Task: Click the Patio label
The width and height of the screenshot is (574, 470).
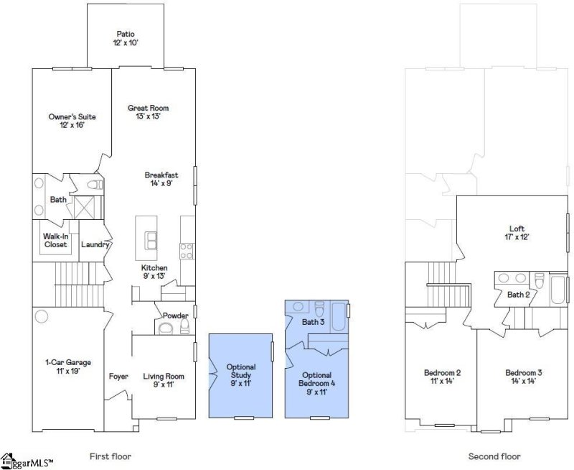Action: tap(126, 34)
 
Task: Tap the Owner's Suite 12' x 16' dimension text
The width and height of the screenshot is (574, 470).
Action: tap(72, 125)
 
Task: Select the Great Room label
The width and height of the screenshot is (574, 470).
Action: tap(149, 108)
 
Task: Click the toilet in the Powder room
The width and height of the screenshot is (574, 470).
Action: tap(185, 326)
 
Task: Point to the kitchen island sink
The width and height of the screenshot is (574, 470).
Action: tap(151, 241)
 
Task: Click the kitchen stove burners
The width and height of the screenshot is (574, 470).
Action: tap(187, 251)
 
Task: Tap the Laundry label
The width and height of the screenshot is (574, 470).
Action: tap(95, 244)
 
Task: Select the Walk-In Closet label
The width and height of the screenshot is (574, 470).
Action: tap(56, 241)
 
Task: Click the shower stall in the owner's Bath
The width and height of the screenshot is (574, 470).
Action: tap(85, 208)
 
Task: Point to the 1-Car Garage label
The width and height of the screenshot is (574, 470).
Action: tap(68, 363)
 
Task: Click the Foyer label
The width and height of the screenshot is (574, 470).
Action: tap(118, 377)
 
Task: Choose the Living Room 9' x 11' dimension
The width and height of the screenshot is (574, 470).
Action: tap(164, 384)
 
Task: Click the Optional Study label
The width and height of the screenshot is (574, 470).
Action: tap(241, 371)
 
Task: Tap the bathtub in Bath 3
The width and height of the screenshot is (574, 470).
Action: tap(339, 316)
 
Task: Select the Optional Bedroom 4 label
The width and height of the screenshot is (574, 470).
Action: tap(317, 379)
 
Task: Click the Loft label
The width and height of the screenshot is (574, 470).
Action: tap(517, 229)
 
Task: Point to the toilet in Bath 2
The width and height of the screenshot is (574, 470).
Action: tap(540, 281)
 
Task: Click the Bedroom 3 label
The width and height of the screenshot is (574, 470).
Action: tap(524, 373)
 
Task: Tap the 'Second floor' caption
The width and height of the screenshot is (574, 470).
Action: tap(494, 456)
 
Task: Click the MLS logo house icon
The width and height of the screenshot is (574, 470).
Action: tap(7, 461)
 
